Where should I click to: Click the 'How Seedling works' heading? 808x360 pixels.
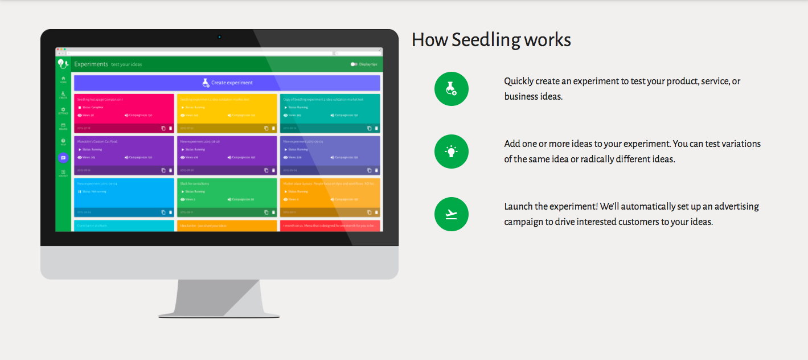491,40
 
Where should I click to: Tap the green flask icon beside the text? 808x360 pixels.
451,88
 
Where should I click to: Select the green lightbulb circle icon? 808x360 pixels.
451,152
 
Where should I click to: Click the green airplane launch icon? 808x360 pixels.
451,214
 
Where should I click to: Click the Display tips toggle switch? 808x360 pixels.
354,64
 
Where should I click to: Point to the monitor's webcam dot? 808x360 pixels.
219,38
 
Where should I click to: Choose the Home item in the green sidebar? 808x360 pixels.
63,79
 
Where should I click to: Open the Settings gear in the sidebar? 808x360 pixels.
63,110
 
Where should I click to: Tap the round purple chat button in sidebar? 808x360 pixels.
63,158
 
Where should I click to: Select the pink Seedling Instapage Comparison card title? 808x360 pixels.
100,99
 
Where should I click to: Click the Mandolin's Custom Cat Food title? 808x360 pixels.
97,141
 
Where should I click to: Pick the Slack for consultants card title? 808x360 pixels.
195,183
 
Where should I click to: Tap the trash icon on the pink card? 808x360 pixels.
170,128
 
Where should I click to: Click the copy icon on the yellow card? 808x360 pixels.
266,128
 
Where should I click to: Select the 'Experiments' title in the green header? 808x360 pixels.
91,64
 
